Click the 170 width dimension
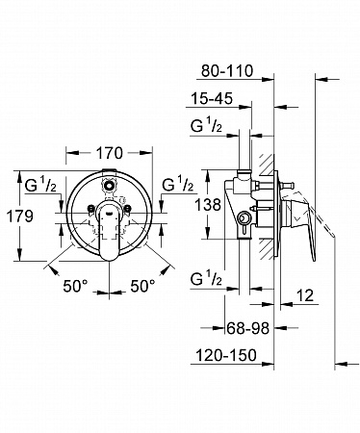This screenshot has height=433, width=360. point(110,153)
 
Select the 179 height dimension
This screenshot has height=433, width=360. point(20,216)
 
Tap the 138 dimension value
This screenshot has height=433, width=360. point(208,204)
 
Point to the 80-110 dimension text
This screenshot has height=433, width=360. point(227,71)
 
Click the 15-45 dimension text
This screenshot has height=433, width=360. point(212,98)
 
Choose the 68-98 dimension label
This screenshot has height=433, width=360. point(247,328)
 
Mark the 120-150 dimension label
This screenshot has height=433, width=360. point(226,355)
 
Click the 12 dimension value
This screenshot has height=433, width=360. point(304,295)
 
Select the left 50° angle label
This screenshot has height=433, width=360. point(75,286)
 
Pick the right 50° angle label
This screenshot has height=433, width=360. point(142,286)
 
